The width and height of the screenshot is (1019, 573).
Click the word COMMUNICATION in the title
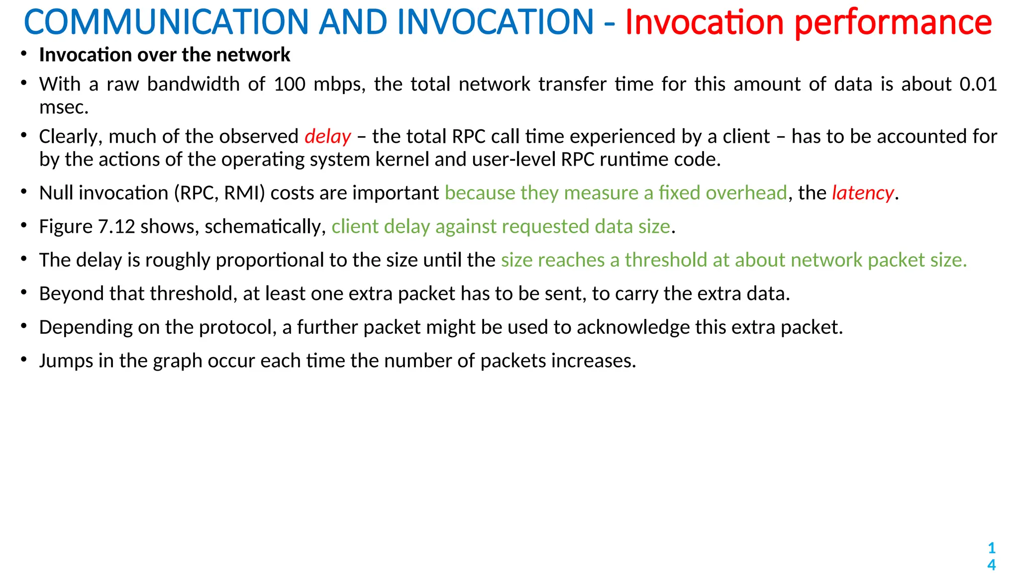coord(166,22)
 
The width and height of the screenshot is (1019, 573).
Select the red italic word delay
coord(328,136)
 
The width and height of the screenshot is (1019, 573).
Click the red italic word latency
coord(863,193)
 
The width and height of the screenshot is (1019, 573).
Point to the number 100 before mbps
coord(290,84)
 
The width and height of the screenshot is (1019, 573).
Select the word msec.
coord(64,107)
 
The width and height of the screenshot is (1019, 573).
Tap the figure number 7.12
coord(116,227)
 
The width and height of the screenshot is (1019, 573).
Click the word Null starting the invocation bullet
coord(54,193)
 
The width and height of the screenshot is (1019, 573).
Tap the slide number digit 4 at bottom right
coord(991,565)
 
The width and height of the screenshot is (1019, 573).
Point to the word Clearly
coord(71,136)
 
